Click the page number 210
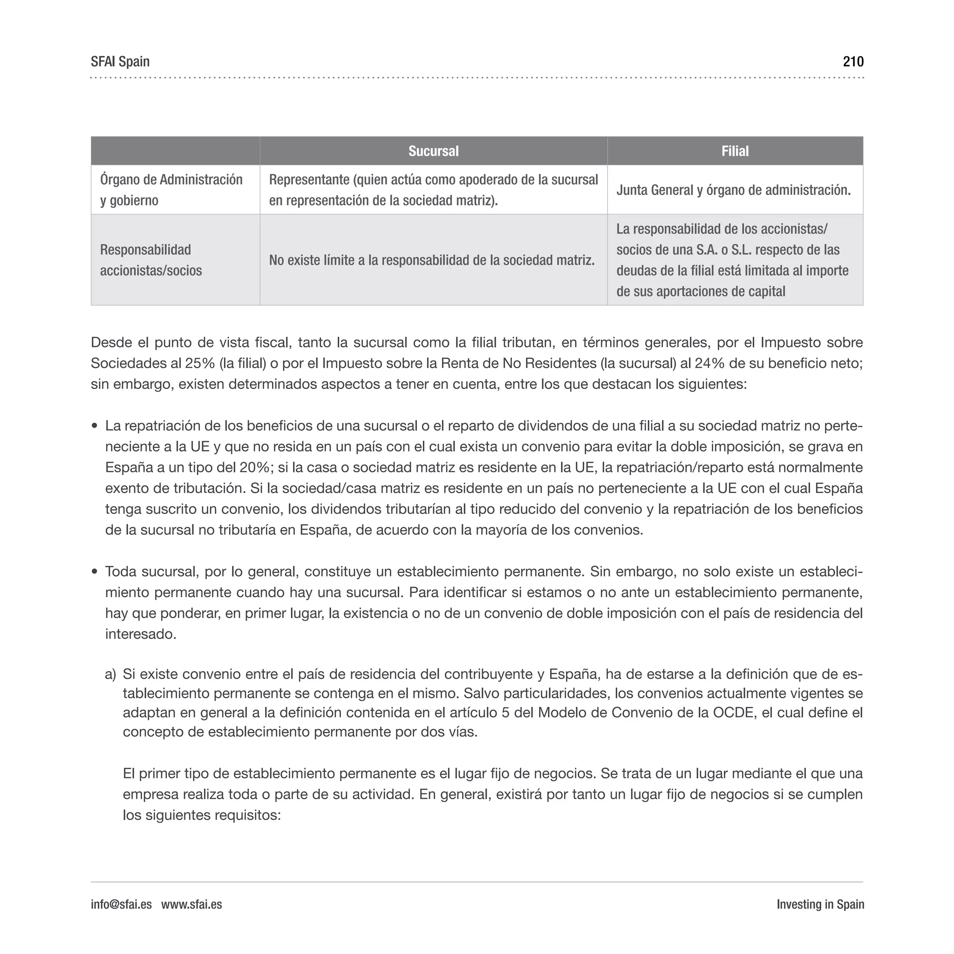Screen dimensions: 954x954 point(853,62)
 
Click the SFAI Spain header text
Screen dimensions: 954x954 point(120,62)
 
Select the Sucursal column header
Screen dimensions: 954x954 point(433,151)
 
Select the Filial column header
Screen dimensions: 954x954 point(735,151)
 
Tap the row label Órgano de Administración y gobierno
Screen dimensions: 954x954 point(171,190)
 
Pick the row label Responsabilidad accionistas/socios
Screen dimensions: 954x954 point(150,260)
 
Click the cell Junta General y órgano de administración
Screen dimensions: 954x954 point(733,190)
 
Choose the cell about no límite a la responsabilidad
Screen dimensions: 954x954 point(431,260)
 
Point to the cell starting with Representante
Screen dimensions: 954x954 point(433,190)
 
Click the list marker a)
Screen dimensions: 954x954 point(110,675)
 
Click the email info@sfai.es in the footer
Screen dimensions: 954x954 point(121,905)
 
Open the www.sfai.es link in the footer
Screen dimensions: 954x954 point(191,905)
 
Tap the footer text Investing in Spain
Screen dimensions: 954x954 point(820,905)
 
